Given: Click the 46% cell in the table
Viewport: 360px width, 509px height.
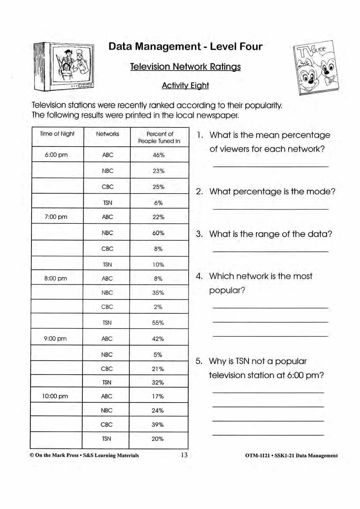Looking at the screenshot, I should [x=159, y=155].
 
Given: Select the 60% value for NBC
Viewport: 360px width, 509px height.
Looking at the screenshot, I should [x=158, y=233].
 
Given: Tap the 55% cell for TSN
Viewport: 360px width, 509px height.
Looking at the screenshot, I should [x=158, y=323].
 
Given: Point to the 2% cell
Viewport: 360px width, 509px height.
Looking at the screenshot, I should [x=158, y=307].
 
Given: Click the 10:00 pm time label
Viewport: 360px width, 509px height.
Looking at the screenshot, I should [x=55, y=396].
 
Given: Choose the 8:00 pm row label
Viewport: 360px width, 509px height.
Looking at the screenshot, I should [x=56, y=279].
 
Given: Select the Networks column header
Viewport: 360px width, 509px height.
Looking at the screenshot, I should [x=108, y=134].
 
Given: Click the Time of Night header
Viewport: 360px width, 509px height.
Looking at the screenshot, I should [x=57, y=134].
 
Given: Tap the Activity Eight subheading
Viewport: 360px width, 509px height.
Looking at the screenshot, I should [x=185, y=86].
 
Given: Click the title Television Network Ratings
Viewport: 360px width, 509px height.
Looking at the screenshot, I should [x=185, y=67].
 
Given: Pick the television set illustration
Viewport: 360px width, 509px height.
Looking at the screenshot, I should [x=64, y=67].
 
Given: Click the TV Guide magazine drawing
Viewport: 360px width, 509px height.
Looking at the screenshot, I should [x=316, y=68].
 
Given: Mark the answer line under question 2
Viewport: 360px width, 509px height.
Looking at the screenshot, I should [x=270, y=209].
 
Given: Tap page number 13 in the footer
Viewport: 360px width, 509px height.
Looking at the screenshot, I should [x=184, y=455].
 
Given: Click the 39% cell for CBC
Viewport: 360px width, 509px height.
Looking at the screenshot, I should [x=158, y=425].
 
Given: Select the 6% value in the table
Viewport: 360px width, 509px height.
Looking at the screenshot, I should [x=158, y=203].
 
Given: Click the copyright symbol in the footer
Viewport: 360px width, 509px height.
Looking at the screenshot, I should [x=32, y=455].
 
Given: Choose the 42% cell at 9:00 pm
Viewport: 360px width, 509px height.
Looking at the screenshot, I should [x=158, y=339].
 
